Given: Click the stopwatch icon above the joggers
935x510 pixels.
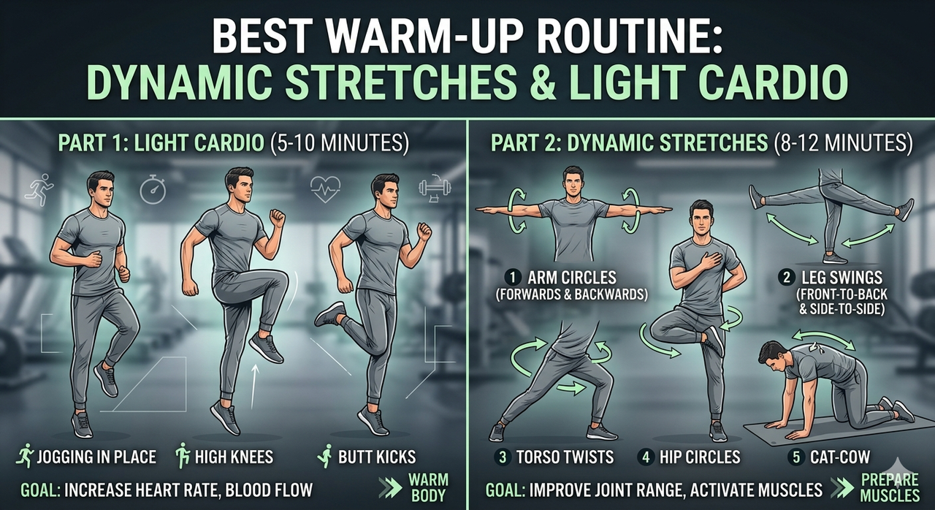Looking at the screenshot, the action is click(x=153, y=189).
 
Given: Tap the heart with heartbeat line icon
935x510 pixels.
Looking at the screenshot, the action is click(x=325, y=189).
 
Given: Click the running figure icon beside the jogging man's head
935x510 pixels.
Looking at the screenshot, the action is click(x=39, y=189).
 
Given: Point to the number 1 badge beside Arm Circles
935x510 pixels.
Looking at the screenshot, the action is click(x=513, y=278).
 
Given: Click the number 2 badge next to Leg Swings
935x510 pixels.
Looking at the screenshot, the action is click(x=787, y=278).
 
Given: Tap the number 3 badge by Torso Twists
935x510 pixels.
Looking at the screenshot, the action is click(x=503, y=457).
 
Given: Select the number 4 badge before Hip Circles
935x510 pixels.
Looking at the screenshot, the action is click(x=646, y=457).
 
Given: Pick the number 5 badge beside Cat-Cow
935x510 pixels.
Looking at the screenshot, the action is click(x=796, y=457).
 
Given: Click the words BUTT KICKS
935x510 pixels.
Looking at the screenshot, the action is click(x=377, y=457).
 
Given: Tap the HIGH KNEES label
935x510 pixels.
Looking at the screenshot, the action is click(x=234, y=457).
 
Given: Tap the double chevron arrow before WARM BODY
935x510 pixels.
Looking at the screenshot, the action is click(x=390, y=487).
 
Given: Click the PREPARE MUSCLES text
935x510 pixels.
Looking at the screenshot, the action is click(x=890, y=487).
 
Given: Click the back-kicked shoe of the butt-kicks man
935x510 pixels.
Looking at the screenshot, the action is click(x=329, y=314).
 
